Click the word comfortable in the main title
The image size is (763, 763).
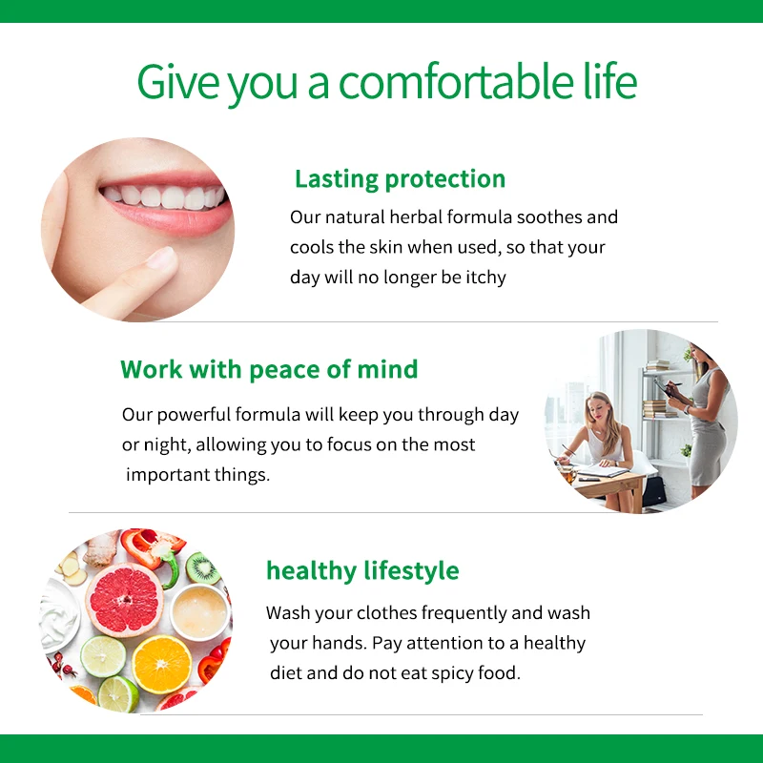456,81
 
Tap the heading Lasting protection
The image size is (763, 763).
400,179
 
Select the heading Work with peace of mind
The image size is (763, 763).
269,369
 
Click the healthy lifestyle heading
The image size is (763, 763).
362,570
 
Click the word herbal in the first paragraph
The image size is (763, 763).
416,217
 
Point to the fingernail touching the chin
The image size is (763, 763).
161,257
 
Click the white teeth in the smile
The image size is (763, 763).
163,196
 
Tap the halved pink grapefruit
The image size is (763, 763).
125,600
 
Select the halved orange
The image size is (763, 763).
162,665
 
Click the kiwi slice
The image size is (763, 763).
203,568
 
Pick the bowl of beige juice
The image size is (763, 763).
199,612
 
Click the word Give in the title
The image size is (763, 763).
178,81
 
